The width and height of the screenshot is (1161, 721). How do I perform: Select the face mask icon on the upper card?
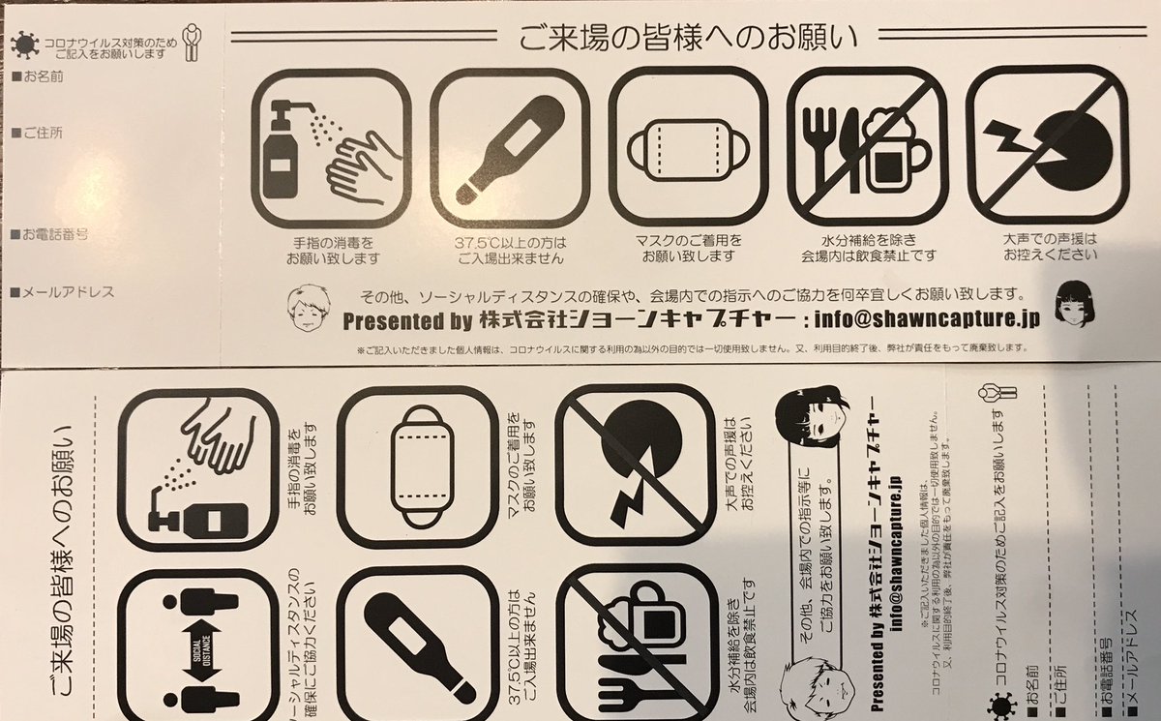point(688,151)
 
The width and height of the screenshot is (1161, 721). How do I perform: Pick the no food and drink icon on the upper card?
point(868,151)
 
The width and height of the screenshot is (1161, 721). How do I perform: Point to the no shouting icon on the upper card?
point(1047,151)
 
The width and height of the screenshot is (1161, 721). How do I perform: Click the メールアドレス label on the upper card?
point(58,290)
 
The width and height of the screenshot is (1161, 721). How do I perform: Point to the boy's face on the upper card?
point(309,307)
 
